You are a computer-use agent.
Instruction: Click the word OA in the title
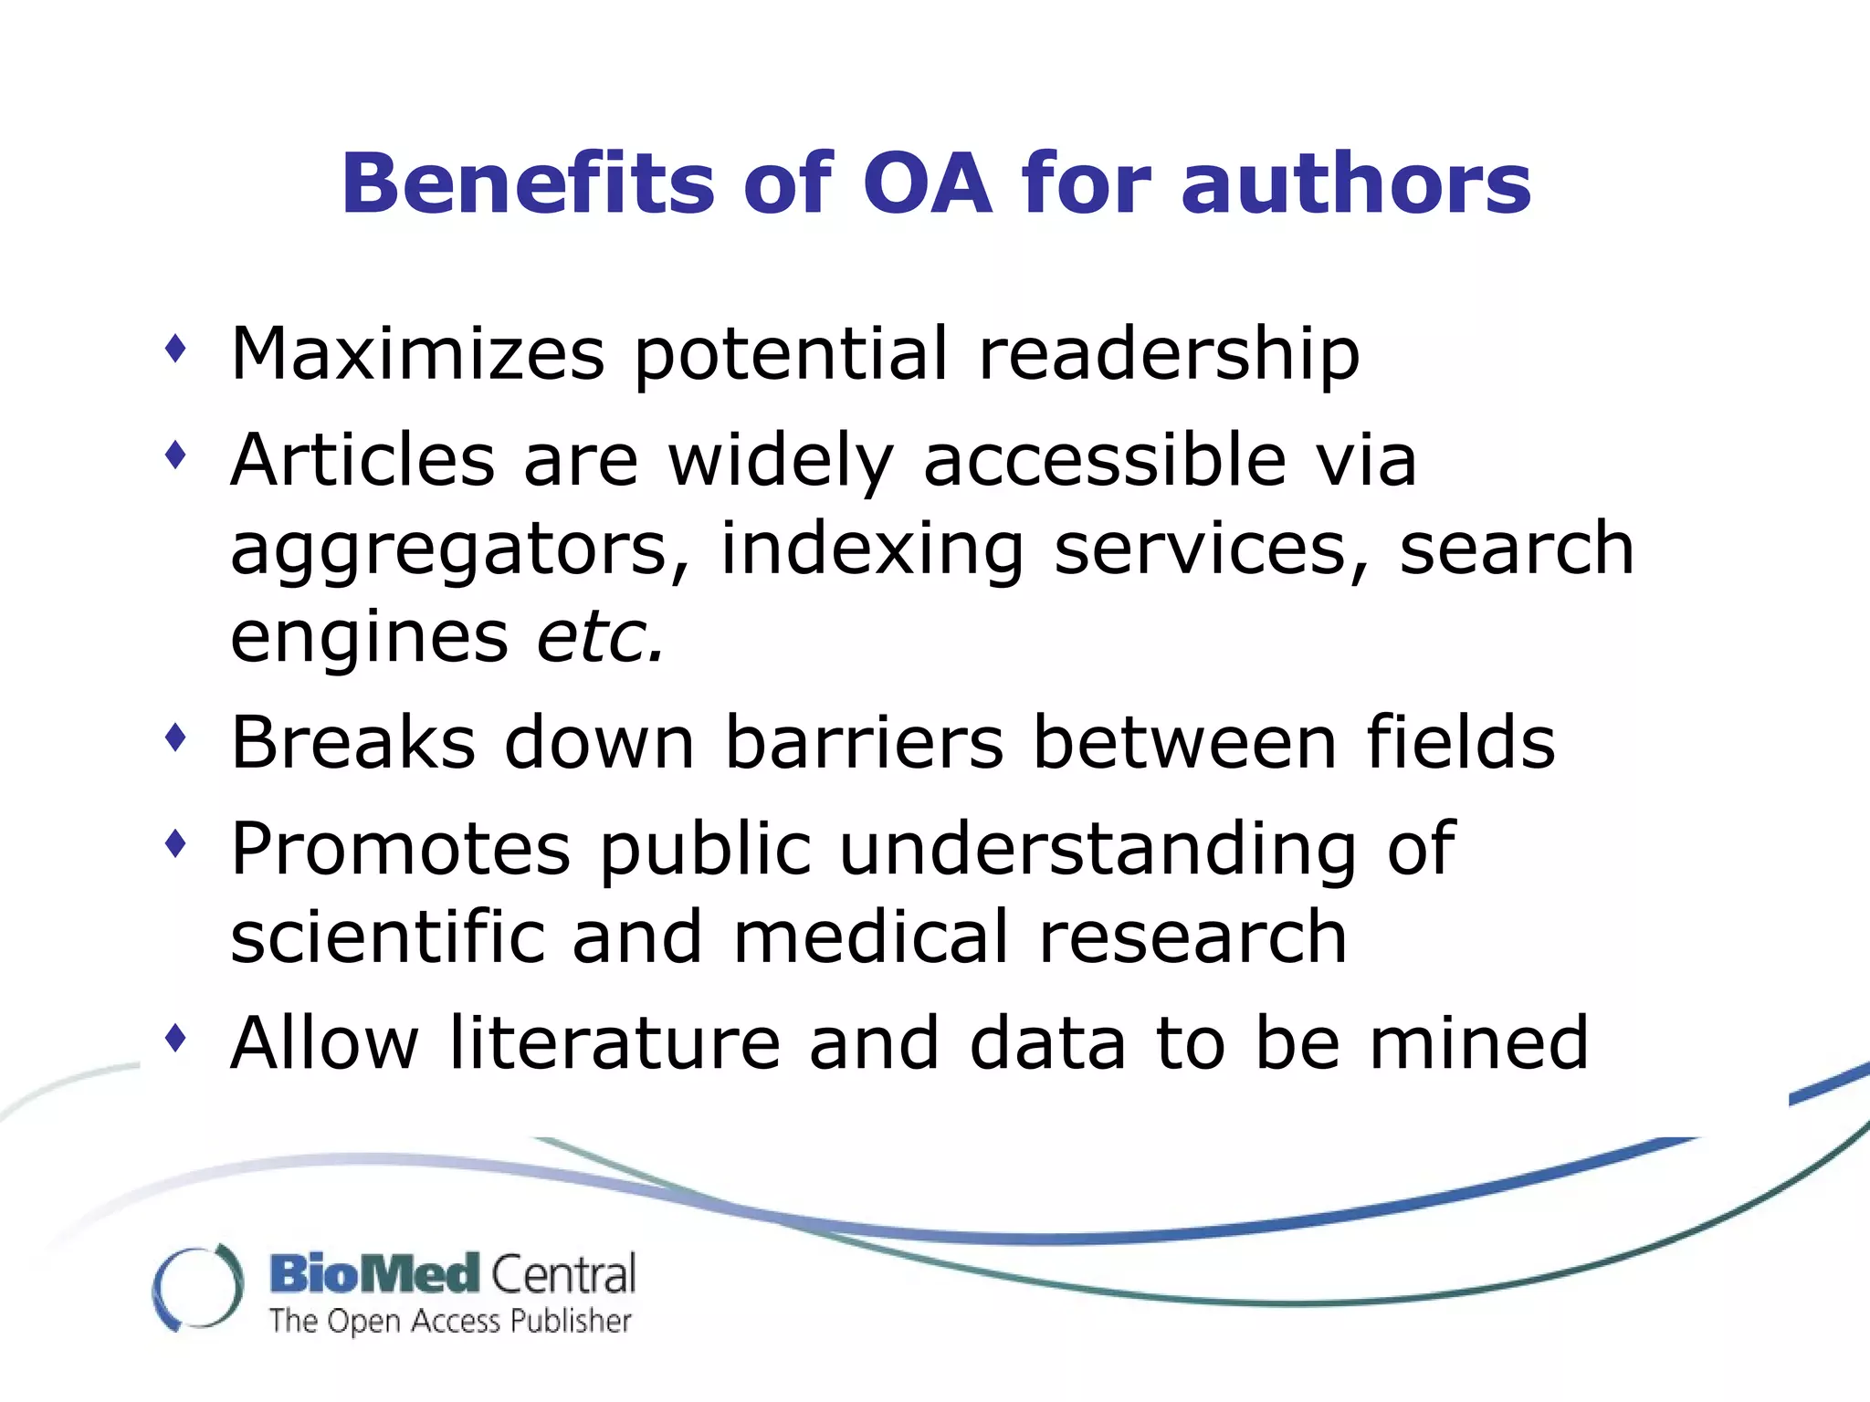(927, 184)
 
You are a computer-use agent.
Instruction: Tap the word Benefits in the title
(527, 184)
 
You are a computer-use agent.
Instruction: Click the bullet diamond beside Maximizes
(176, 349)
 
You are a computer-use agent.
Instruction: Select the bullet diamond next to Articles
(176, 454)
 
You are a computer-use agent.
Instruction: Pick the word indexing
(872, 549)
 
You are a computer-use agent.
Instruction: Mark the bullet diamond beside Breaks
(176, 737)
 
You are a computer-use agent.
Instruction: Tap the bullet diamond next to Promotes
(176, 842)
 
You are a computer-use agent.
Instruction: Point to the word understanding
(1098, 849)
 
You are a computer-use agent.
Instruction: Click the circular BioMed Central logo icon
(198, 1287)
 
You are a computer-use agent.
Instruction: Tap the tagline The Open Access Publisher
(450, 1321)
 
